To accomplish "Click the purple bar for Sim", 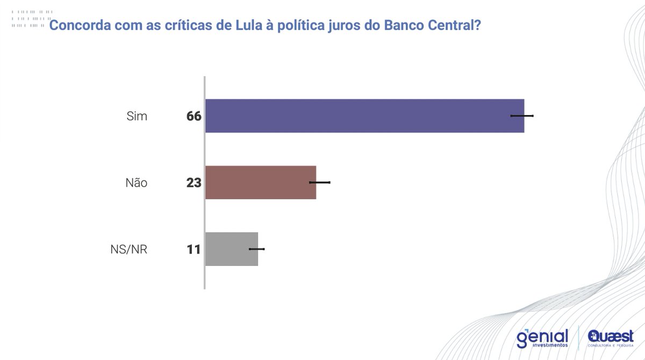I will [364, 116].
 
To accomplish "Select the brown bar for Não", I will [260, 182].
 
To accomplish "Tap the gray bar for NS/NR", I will [231, 249].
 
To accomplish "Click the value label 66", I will [193, 116].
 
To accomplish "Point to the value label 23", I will [193, 183].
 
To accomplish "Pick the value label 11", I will [193, 249].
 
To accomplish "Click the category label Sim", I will [137, 116].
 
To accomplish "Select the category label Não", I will [136, 183].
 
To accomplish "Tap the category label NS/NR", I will [128, 249].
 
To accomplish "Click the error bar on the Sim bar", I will [522, 116].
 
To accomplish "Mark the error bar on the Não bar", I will [320, 182].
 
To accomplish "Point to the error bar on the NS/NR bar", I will [257, 249].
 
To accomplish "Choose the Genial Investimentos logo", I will [542, 338].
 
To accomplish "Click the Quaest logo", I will [611, 338].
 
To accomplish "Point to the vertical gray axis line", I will [204, 183].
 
